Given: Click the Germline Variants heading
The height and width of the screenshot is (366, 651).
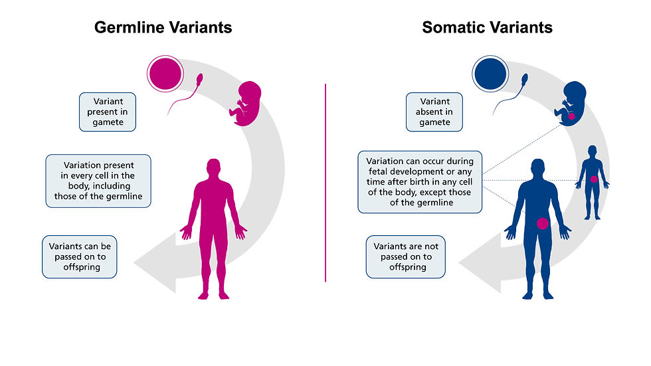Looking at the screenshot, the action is [x=163, y=28].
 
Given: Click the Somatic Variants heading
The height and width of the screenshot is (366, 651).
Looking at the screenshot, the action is [x=487, y=28].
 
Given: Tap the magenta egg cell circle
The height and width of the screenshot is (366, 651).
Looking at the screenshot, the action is [x=165, y=74].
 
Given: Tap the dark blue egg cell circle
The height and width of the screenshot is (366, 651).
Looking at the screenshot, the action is [x=490, y=74].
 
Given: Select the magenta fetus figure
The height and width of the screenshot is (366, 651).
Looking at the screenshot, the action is [x=246, y=104].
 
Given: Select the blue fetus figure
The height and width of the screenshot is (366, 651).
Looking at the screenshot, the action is [x=571, y=104].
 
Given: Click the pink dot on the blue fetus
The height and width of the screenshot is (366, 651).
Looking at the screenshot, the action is [x=571, y=117].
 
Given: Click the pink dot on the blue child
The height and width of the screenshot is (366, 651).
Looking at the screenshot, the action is [x=594, y=179].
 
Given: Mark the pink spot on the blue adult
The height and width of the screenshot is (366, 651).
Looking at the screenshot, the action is [x=542, y=224].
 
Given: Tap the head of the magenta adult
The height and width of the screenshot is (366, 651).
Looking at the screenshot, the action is [x=213, y=168].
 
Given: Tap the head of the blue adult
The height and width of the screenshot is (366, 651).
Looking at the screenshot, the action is [x=537, y=168].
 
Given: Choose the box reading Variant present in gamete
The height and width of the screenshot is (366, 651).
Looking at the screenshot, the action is [x=108, y=112].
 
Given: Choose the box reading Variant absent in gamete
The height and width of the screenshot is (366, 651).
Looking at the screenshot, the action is [x=434, y=112].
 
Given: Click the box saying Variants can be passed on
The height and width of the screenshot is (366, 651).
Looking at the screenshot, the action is [x=80, y=257].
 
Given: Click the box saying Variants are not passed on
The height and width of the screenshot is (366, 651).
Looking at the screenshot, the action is [x=406, y=257].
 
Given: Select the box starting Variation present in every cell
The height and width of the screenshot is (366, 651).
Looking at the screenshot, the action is [x=98, y=181].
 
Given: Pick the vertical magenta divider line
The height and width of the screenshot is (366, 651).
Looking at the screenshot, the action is [x=325, y=183].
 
